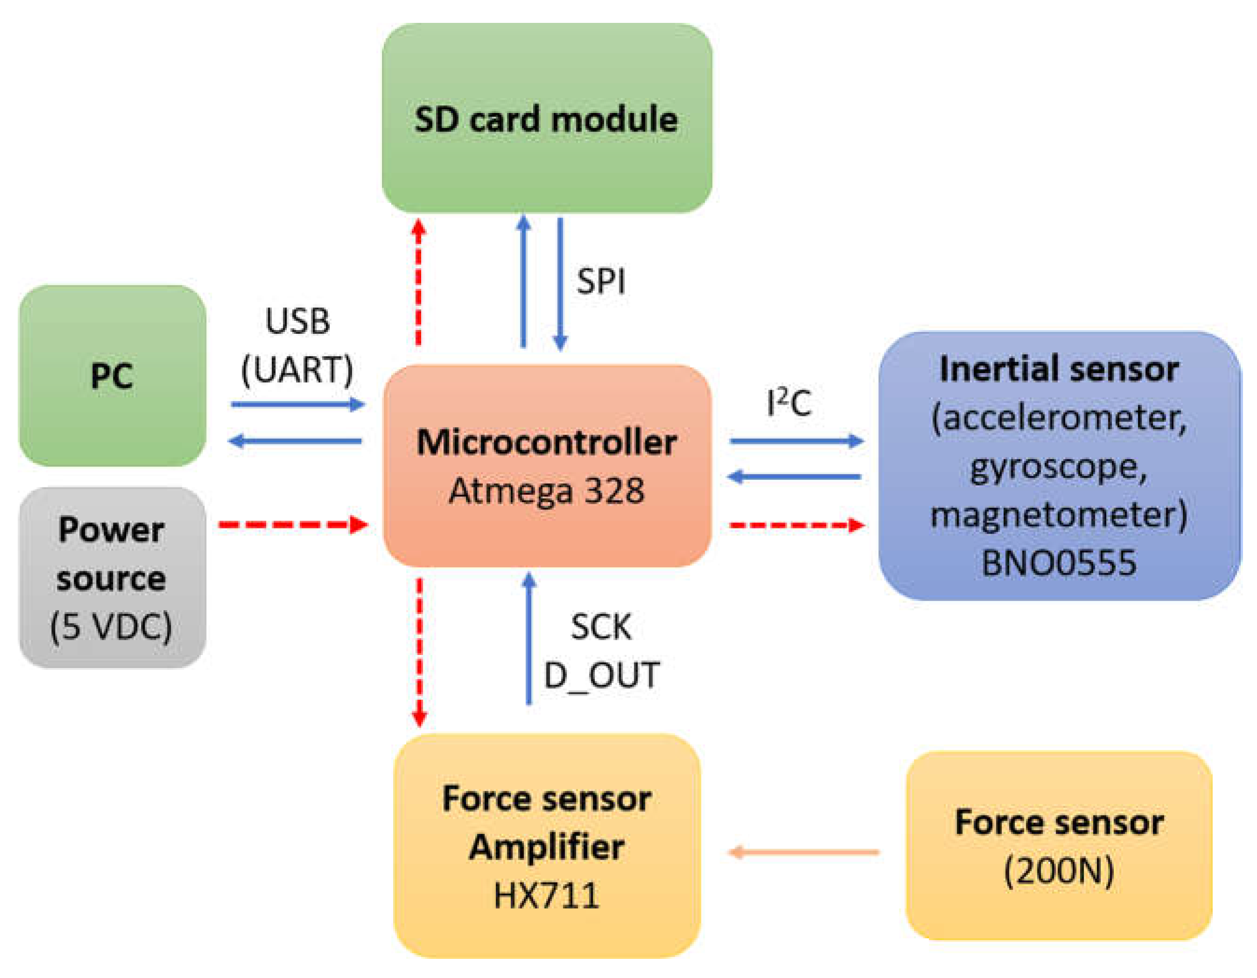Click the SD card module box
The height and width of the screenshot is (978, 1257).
pyautogui.click(x=547, y=118)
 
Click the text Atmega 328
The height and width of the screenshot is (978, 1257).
pyautogui.click(x=547, y=491)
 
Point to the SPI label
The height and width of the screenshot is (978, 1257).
pyautogui.click(x=601, y=281)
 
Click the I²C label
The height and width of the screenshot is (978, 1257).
pyautogui.click(x=789, y=403)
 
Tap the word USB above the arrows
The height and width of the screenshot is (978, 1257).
pyautogui.click(x=297, y=321)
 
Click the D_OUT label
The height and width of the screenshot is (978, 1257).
pyautogui.click(x=601, y=675)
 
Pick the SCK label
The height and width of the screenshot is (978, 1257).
pyautogui.click(x=601, y=627)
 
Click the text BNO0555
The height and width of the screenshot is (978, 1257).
pyautogui.click(x=1059, y=563)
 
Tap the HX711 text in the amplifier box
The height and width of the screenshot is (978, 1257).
pyautogui.click(x=547, y=896)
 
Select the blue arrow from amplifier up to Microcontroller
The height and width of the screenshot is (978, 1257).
pyautogui.click(x=529, y=639)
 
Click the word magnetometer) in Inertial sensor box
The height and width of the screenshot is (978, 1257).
pyautogui.click(x=1059, y=514)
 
